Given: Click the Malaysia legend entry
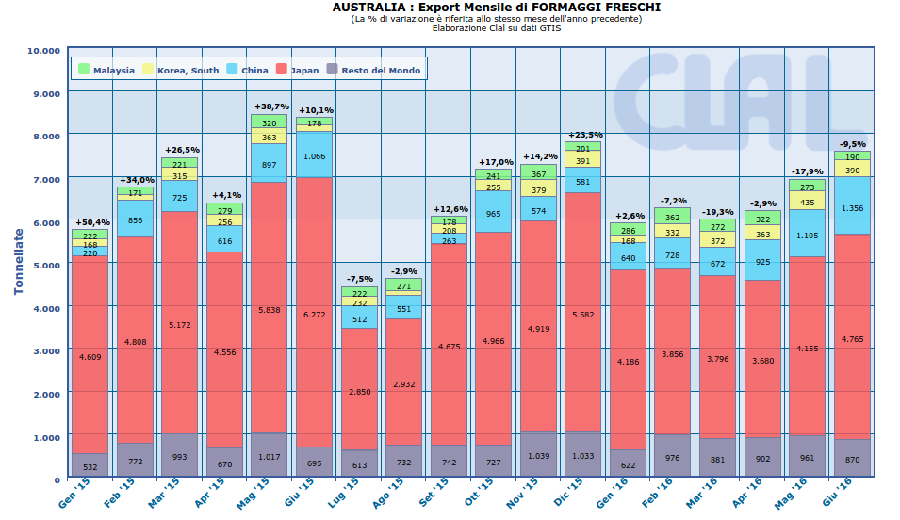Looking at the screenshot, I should coord(106,71).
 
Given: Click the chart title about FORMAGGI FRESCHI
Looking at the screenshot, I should coord(497,8).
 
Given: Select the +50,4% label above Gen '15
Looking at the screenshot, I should coord(90,221).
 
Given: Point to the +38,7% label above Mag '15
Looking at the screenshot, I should coord(270,106).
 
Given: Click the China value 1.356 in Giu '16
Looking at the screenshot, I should coord(852,208).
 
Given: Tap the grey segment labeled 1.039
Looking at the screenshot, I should coord(538,455).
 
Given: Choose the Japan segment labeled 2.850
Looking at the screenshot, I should coord(359,391).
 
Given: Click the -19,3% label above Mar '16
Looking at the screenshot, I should coord(718,212).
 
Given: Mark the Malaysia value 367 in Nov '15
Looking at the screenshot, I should coord(538,174).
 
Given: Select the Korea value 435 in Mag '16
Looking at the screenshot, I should coord(808,203).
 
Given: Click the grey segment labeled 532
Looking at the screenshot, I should coord(90,466).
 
